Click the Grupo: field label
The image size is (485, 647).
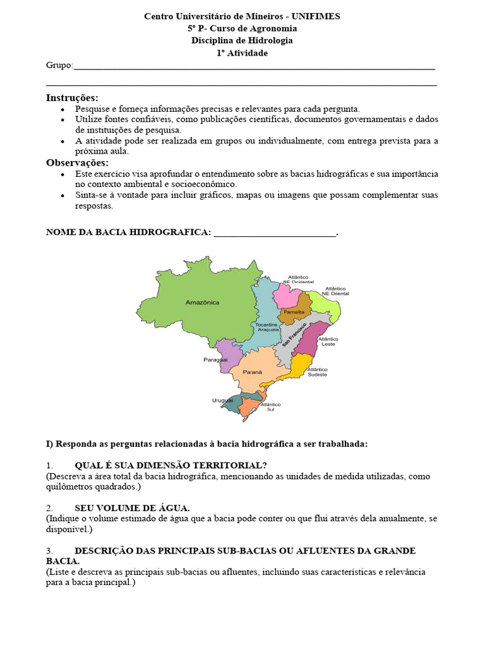tap(59, 65)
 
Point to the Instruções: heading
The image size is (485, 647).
tap(72, 97)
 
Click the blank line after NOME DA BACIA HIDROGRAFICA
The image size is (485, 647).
tap(275, 233)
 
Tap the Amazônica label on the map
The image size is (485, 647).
tap(202, 303)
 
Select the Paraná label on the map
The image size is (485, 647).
tap(253, 372)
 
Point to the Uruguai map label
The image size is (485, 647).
tap(222, 401)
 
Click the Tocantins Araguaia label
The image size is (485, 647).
tap(266, 327)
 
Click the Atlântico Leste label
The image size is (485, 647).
tap(327, 341)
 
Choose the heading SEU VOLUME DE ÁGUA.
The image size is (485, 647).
tap(132, 508)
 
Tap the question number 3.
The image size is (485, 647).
tap(49, 551)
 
